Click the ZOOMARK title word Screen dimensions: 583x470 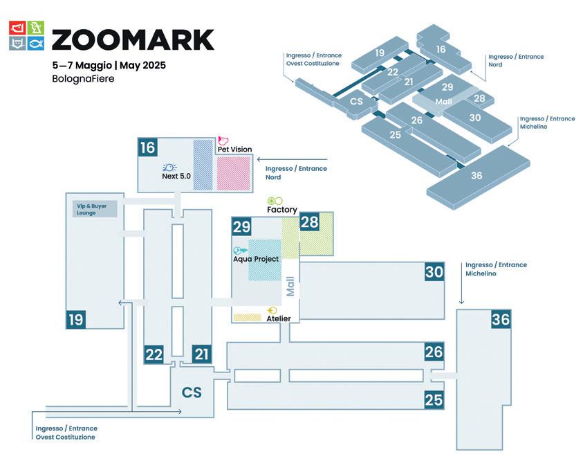(x=133, y=39)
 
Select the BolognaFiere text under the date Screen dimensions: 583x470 (x=83, y=79)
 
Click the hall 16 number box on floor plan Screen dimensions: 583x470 (x=147, y=147)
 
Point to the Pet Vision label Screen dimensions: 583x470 (x=234, y=149)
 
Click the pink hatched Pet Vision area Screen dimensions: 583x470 (x=234, y=173)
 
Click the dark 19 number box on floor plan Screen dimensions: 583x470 (x=76, y=319)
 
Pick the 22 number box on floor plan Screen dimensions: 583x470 (x=154, y=354)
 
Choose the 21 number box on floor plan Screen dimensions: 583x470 (x=201, y=354)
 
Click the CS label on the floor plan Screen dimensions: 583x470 (x=192, y=392)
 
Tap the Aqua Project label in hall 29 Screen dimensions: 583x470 (x=256, y=259)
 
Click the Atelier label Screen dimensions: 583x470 (x=279, y=318)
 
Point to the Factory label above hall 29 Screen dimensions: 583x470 (x=281, y=210)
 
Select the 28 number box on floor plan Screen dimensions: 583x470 (x=309, y=222)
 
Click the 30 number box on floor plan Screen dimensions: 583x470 (x=434, y=272)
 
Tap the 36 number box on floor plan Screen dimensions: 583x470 (x=501, y=319)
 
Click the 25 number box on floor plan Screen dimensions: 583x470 (x=434, y=399)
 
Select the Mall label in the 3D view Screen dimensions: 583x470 (x=443, y=101)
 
